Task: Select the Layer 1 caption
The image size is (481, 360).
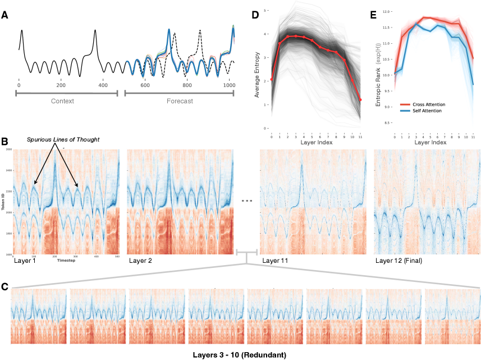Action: click(24, 261)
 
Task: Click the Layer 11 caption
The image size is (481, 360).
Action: click(276, 261)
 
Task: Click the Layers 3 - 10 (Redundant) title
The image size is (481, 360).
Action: click(240, 354)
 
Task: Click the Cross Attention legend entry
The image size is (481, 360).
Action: click(432, 104)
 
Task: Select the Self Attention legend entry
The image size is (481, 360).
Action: click(430, 111)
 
